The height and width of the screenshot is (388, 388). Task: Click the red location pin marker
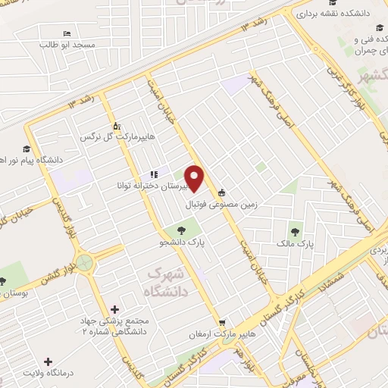(195, 179)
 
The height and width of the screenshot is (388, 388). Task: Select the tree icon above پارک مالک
(295, 230)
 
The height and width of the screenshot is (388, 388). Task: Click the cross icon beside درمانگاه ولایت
(48, 363)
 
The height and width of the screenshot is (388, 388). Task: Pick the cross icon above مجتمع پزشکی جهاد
(114, 309)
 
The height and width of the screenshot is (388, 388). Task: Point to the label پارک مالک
(296, 244)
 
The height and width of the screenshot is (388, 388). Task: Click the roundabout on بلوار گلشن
(86, 264)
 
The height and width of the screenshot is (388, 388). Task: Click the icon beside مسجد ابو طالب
(66, 33)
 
